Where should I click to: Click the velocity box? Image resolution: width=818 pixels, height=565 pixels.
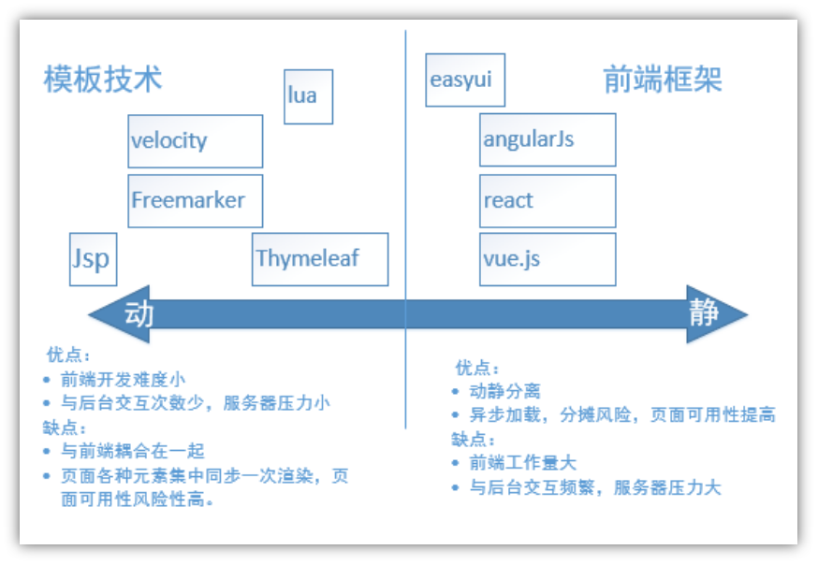tap(195, 141)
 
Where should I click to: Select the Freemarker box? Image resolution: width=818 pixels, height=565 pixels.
tap(195, 200)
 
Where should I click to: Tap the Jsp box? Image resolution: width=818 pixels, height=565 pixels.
tap(93, 259)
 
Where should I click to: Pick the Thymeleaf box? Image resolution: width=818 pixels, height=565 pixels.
tap(319, 259)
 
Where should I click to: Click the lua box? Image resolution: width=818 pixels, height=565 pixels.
tap(308, 96)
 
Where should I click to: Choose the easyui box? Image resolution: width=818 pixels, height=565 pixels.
tap(464, 80)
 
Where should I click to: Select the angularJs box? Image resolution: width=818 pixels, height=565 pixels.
tap(548, 140)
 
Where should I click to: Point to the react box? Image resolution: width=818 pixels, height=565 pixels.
tap(548, 200)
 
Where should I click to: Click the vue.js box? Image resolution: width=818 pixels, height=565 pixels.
tap(548, 259)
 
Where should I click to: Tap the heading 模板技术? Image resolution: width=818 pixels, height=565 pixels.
tap(103, 79)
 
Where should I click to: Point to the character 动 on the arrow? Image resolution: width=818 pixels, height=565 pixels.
tap(138, 312)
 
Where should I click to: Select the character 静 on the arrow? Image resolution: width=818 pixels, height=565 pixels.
tap(704, 312)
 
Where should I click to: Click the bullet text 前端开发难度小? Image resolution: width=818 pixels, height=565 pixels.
tap(123, 379)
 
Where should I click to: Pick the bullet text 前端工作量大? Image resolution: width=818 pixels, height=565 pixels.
tap(523, 462)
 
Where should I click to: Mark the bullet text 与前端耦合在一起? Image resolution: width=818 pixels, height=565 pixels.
tap(132, 451)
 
